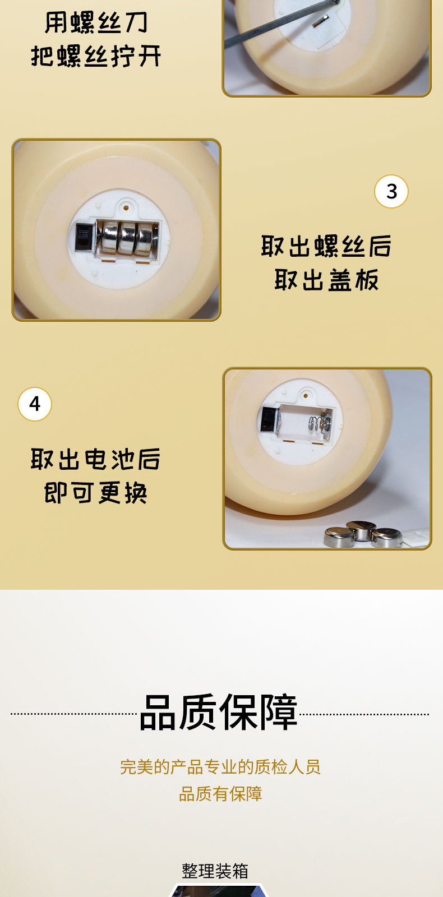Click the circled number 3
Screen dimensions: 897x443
(391, 192)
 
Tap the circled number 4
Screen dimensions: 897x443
(35, 404)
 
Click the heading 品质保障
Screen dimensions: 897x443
(218, 713)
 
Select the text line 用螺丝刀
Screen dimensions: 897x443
(96, 23)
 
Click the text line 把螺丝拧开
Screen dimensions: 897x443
(96, 57)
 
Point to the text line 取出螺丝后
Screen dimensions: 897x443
(326, 247)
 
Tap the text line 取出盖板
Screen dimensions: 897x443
(326, 280)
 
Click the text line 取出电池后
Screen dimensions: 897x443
(96, 460)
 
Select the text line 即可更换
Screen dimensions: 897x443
(96, 493)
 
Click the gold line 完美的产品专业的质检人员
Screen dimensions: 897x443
(220, 767)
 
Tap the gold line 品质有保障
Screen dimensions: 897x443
(220, 794)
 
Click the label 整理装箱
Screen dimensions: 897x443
(215, 871)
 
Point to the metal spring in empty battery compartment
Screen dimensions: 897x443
(318, 424)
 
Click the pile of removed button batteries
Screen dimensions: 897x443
(364, 535)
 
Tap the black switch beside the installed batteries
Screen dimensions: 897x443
(84, 237)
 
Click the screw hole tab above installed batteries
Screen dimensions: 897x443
(127, 208)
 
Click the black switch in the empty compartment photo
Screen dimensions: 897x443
(269, 419)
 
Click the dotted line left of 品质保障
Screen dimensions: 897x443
(73, 714)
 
